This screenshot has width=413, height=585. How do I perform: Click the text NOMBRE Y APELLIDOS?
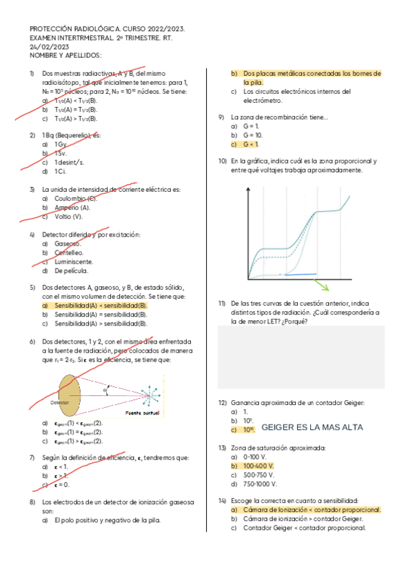point(66,55)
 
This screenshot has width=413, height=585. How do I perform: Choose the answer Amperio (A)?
point(72,208)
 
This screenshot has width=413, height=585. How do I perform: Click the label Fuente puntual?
point(142,413)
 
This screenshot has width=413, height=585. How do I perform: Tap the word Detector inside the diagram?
point(60,401)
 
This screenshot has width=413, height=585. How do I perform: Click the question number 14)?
point(222,499)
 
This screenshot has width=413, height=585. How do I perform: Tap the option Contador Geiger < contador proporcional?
point(303,528)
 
